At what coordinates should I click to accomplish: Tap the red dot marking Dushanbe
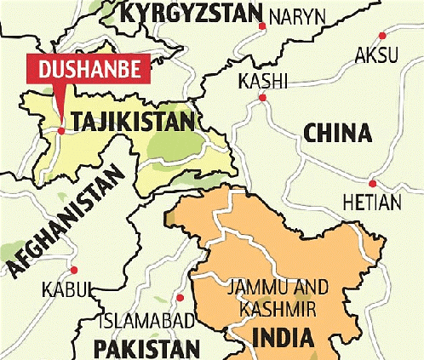pyautogui.click(x=61, y=130)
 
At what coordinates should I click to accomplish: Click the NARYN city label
pyautogui.click(x=298, y=16)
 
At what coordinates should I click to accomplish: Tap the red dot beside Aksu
pyautogui.click(x=383, y=35)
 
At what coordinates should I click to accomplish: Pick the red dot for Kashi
pyautogui.click(x=262, y=99)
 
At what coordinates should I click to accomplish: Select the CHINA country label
pyautogui.click(x=336, y=134)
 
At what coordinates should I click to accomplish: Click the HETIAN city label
pyautogui.click(x=370, y=203)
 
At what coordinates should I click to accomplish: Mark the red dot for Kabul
pyautogui.click(x=74, y=261)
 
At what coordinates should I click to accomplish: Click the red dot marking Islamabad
pyautogui.click(x=180, y=298)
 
